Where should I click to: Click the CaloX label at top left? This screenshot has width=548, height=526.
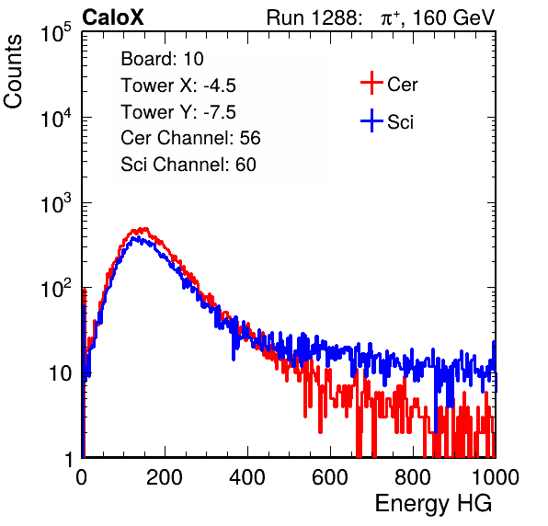click(113, 17)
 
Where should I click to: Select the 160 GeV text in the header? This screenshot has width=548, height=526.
click(454, 17)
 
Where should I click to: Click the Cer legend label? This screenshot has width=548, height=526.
click(402, 85)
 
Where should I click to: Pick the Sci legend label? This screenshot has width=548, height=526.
click(400, 122)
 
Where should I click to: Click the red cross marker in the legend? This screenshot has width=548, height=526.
click(371, 83)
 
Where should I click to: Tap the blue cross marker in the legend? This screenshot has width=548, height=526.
click(371, 120)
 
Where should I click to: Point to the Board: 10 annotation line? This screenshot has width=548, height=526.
click(162, 59)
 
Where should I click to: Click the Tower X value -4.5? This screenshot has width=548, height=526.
click(220, 86)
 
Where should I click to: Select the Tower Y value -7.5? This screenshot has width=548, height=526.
click(220, 112)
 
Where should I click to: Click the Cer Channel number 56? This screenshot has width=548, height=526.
click(250, 138)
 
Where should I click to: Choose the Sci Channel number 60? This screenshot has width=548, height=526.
click(245, 165)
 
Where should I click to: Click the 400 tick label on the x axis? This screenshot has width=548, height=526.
click(247, 477)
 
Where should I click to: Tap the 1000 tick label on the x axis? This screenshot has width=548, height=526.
click(496, 477)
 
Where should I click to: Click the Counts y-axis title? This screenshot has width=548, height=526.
click(13, 72)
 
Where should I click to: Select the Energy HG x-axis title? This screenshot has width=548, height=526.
click(433, 504)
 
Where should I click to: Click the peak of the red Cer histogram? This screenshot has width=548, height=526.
click(144, 229)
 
